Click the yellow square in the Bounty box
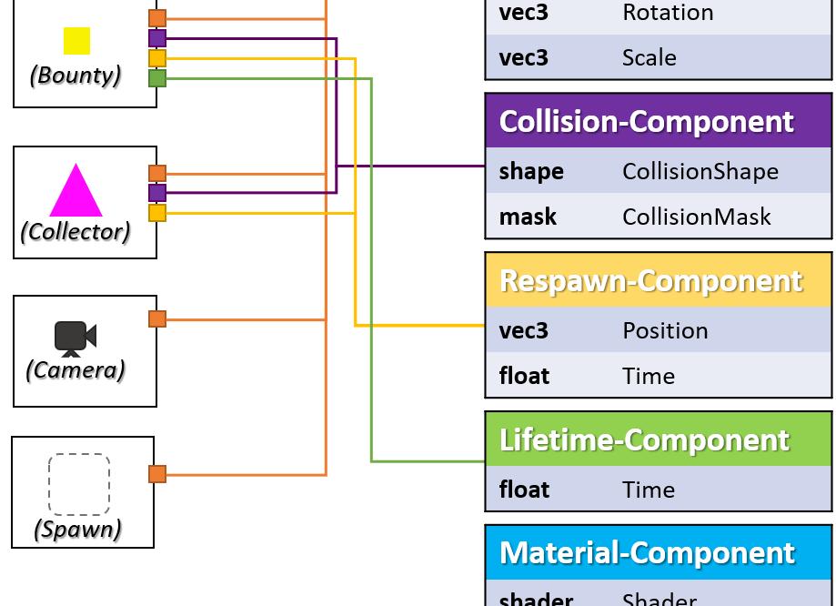(76, 41)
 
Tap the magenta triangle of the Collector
(76, 193)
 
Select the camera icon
(75, 338)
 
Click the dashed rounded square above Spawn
(79, 485)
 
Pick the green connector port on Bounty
(157, 78)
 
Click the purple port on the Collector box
(157, 193)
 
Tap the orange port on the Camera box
(157, 318)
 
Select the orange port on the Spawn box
(157, 474)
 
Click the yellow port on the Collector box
(157, 213)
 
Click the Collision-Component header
(647, 121)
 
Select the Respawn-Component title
(651, 280)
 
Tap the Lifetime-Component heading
(644, 439)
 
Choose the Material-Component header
(647, 552)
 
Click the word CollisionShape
(700, 171)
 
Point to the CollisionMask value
(697, 217)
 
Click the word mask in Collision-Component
(528, 217)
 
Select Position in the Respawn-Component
(665, 330)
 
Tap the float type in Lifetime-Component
(524, 490)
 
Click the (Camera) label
(76, 369)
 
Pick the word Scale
(650, 57)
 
